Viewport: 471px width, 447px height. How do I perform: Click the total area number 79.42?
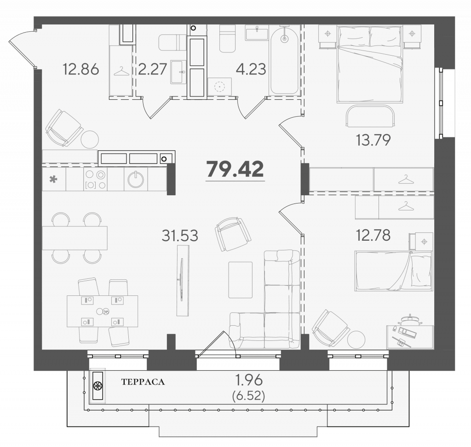(x=235, y=169)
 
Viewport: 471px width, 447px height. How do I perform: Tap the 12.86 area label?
(x=81, y=69)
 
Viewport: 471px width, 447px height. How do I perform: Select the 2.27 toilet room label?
(x=152, y=69)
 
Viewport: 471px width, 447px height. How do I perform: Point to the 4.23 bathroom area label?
(x=251, y=69)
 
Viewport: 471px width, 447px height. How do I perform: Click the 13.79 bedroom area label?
(x=373, y=140)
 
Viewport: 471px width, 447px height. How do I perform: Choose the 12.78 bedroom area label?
(x=373, y=235)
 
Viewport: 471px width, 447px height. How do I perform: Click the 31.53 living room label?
(x=180, y=236)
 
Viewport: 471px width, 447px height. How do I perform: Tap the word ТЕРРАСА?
(x=143, y=382)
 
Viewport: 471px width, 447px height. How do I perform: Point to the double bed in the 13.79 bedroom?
(x=369, y=64)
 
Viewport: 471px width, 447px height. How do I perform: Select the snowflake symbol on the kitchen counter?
(x=53, y=180)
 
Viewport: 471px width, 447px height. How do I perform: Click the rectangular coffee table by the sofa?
(x=240, y=280)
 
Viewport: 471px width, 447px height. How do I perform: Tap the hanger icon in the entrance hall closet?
(x=121, y=72)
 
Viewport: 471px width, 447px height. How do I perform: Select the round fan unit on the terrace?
(x=98, y=386)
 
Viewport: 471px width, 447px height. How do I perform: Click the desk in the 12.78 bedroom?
(x=410, y=337)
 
